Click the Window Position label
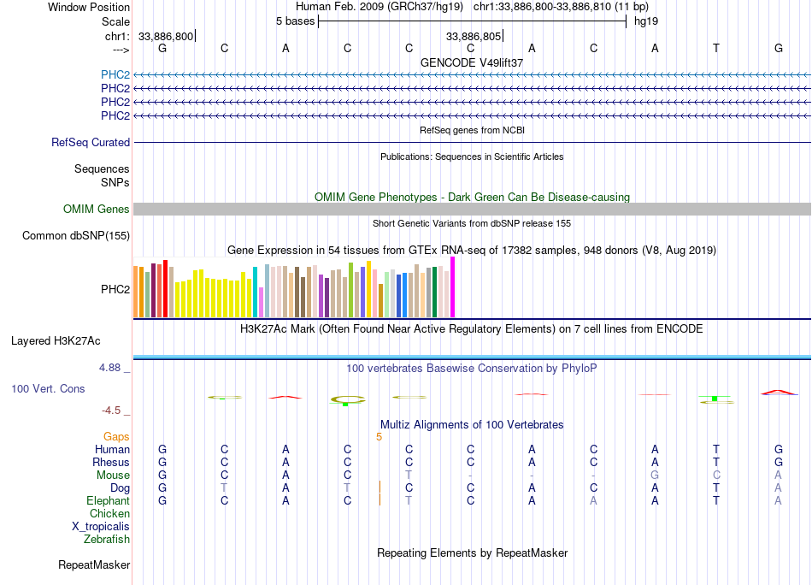(x=89, y=7)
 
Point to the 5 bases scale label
(x=295, y=21)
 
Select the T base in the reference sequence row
(x=716, y=48)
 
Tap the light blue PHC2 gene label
(x=115, y=74)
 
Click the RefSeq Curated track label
(x=91, y=142)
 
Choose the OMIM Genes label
(x=97, y=209)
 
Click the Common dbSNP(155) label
(x=76, y=236)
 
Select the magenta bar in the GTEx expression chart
(x=453, y=287)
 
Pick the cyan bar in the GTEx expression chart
(x=255, y=292)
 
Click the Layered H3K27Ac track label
(x=56, y=341)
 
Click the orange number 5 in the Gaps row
(x=379, y=437)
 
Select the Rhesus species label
(x=111, y=462)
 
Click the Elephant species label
(x=109, y=500)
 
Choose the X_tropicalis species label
(x=101, y=527)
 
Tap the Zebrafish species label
(x=107, y=540)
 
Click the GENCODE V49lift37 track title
(x=472, y=62)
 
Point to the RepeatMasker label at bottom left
(x=94, y=564)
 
